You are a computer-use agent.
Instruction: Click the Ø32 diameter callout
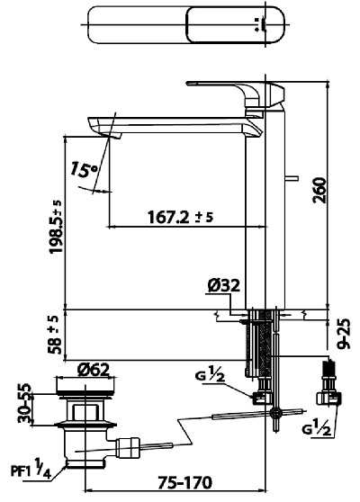click(223, 286)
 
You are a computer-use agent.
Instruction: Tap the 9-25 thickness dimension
click(343, 333)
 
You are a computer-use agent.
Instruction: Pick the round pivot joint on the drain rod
click(276, 413)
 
